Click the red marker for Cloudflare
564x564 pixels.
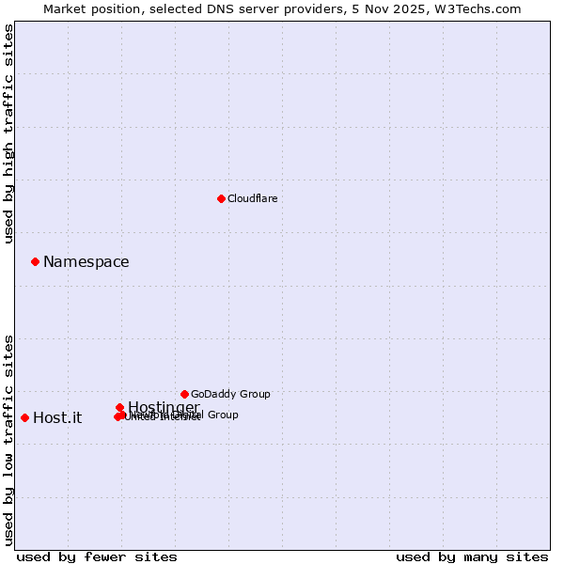tap(221, 198)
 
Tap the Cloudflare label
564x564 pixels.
tap(252, 198)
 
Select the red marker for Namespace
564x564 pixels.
tap(35, 261)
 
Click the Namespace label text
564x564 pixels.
tap(86, 262)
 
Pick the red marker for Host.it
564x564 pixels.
tap(24, 417)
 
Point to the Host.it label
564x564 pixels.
tap(57, 418)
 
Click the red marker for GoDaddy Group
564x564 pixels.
tap(184, 394)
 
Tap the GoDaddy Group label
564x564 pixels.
tap(230, 394)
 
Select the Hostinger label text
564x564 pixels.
tap(164, 407)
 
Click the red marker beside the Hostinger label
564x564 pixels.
tap(119, 407)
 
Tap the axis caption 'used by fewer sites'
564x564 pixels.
tap(97, 556)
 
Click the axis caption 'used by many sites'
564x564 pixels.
tap(472, 556)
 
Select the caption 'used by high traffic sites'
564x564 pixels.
tap(8, 134)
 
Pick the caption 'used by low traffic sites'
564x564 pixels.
tap(8, 440)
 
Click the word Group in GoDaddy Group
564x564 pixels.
tap(254, 394)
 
